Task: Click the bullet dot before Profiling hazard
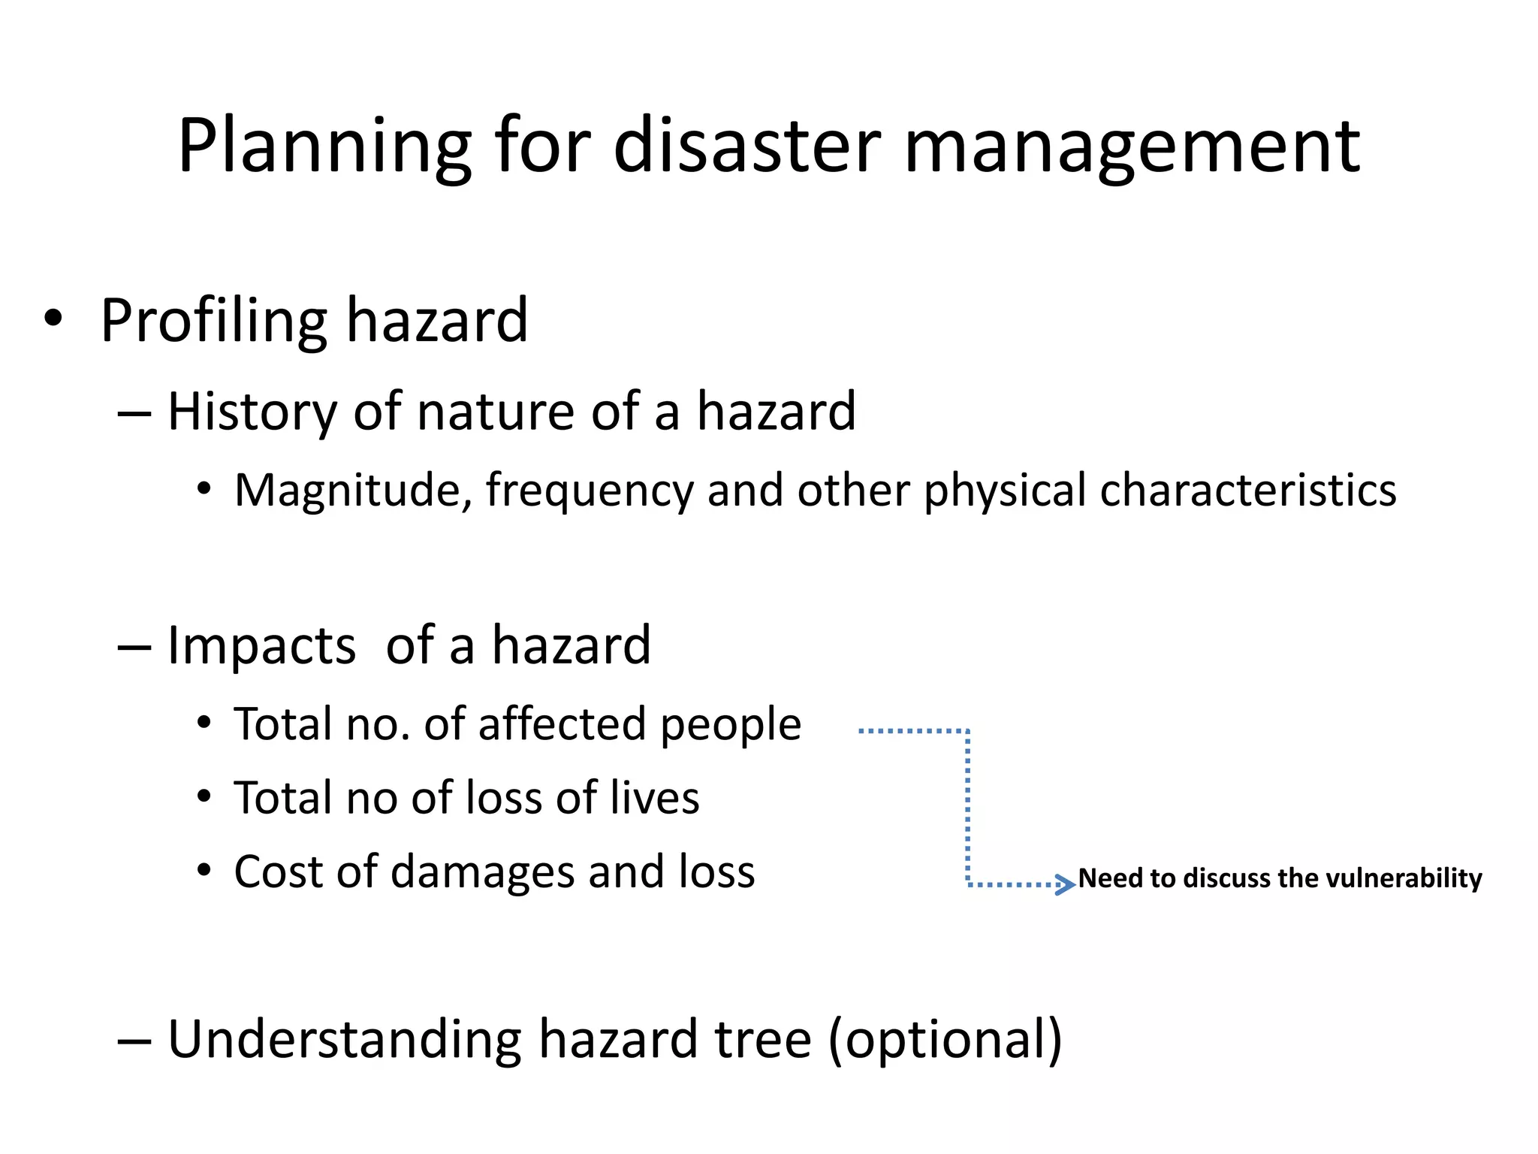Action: (x=53, y=319)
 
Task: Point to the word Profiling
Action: (x=213, y=322)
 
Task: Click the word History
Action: (x=252, y=412)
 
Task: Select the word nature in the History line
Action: (x=496, y=412)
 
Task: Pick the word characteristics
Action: (x=1247, y=490)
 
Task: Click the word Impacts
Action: (x=261, y=646)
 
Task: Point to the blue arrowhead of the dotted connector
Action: (x=1066, y=884)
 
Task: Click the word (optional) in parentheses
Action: (x=945, y=1041)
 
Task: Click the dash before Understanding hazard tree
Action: (x=135, y=1041)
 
